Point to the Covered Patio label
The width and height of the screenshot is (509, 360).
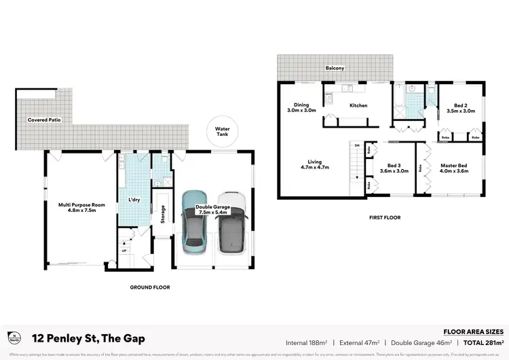pos(42,120)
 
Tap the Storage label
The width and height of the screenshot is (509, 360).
pos(163,215)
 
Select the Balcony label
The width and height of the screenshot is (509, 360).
pos(335,69)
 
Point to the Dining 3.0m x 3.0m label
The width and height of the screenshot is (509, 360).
pos(301,107)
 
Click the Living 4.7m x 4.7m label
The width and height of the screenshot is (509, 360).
pos(314,164)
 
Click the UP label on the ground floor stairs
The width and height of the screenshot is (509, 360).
pos(124,251)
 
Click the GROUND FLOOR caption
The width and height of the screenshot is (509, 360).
pos(149,287)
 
